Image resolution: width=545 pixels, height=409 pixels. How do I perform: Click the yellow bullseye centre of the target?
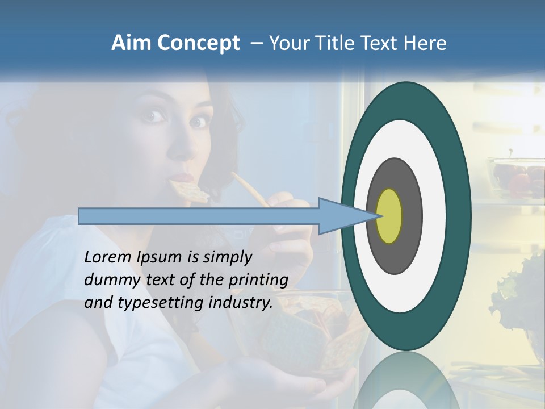(389, 216)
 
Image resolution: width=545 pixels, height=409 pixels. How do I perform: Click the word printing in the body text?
(258, 280)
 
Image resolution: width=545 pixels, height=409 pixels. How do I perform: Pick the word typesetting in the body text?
(161, 303)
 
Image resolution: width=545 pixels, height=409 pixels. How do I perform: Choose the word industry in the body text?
(241, 303)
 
